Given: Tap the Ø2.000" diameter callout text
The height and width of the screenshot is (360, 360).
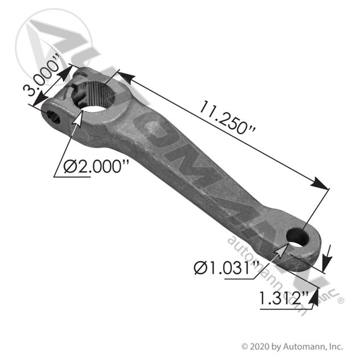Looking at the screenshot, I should (96, 167).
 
